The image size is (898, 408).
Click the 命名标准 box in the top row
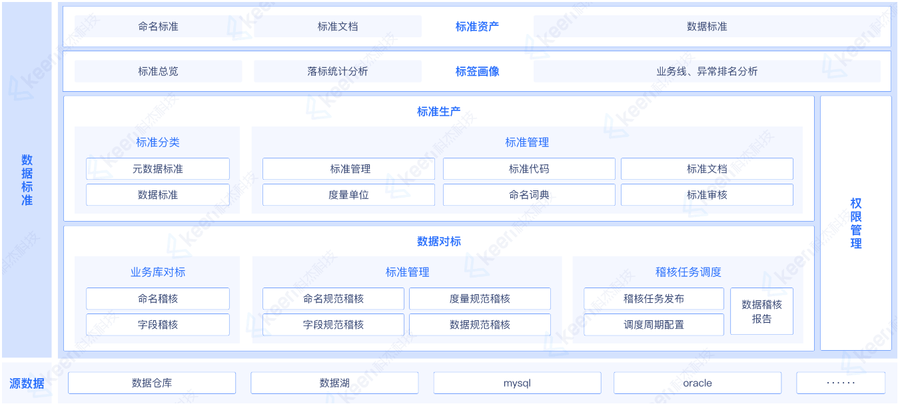click(x=158, y=27)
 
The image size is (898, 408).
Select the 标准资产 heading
click(x=477, y=27)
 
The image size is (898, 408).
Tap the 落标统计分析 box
click(x=338, y=71)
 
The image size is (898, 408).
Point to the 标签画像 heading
click(x=477, y=71)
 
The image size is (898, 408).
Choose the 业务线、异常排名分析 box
click(x=707, y=71)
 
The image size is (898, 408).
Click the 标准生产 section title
click(x=438, y=111)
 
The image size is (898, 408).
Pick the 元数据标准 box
click(x=158, y=168)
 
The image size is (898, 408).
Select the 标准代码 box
click(x=529, y=168)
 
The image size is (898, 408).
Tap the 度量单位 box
click(x=348, y=194)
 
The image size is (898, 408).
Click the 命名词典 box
click(x=529, y=194)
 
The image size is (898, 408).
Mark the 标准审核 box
click(x=707, y=194)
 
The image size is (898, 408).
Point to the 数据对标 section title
click(x=438, y=241)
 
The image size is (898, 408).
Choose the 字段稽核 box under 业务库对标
click(x=158, y=324)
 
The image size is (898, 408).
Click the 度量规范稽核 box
click(x=480, y=298)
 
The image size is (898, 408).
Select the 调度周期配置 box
click(x=654, y=324)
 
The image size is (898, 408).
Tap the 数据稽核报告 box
click(x=761, y=311)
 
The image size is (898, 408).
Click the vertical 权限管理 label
click(x=856, y=223)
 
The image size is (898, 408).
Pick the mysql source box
click(x=517, y=383)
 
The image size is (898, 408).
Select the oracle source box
click(x=697, y=383)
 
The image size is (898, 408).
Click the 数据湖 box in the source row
click(x=334, y=383)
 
